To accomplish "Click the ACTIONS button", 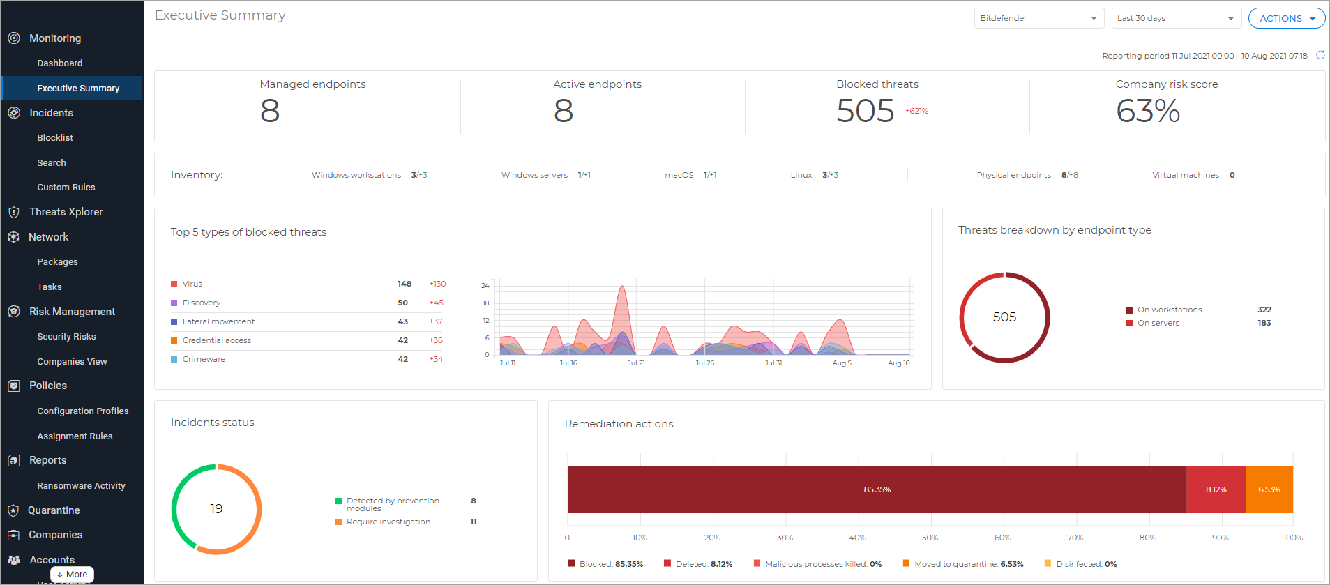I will pos(1285,18).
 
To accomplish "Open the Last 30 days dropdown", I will pos(1176,18).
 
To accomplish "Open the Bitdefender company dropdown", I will pos(1038,18).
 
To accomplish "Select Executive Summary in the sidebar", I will pos(78,89).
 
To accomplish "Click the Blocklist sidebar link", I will pos(55,138).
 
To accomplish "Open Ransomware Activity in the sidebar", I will pos(81,486).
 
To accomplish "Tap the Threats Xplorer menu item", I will pos(66,212).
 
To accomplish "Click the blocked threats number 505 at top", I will pos(865,111).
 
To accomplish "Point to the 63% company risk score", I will pos(1147,111).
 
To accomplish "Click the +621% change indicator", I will pos(916,111).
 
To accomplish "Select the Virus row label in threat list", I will pos(192,284).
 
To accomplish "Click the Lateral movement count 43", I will pos(402,321).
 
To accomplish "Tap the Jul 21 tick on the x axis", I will pos(635,363).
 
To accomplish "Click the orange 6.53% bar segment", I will pos(1269,489).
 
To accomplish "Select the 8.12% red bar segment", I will pos(1216,489).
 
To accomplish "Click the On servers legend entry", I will pos(1158,323).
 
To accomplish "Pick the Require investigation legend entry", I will pos(388,522).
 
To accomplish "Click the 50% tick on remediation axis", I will pos(930,538).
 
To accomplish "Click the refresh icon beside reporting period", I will pos(1320,55).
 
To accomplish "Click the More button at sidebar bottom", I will pos(72,575).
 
